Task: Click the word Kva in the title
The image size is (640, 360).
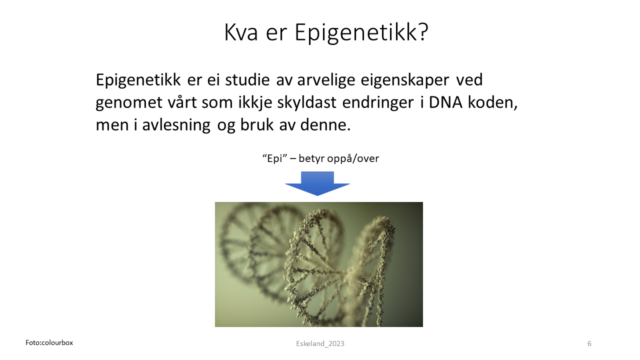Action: coord(241,32)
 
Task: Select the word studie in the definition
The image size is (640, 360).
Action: coord(247,79)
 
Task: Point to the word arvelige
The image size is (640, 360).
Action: coord(326,80)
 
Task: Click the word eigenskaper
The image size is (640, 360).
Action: coord(405,80)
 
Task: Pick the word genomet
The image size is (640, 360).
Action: coord(129,103)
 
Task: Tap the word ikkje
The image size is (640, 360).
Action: coord(255,103)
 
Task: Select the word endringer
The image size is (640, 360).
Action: coord(377,103)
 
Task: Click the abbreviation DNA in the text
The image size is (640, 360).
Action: coord(445,102)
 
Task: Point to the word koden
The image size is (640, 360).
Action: coord(492,103)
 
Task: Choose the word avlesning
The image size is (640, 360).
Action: coord(176,125)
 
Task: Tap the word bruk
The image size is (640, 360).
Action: coord(257,125)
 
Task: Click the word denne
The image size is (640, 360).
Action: coord(325,125)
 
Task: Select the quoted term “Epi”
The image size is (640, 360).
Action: coord(274,158)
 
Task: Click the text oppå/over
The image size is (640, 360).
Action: coord(353,158)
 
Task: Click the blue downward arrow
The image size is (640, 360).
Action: coord(317,183)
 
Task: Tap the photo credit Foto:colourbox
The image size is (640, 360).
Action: coord(49,342)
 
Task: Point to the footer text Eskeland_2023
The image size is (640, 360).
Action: coord(320,343)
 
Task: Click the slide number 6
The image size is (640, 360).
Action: coord(589,343)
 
